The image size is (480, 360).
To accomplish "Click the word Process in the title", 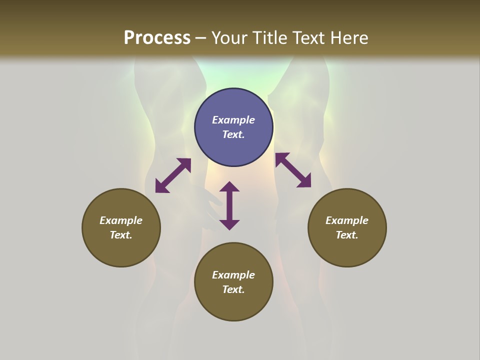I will click(157, 38).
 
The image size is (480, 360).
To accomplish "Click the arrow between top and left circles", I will click(173, 175).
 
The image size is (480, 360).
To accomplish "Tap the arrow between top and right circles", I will click(293, 170).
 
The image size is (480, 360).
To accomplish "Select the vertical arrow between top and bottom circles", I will click(229, 205).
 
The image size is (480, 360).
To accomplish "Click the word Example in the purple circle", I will click(233, 120).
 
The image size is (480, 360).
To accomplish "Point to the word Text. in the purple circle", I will click(233, 134).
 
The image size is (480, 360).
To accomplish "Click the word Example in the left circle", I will click(121, 220).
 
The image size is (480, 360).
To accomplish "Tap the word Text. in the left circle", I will click(121, 235).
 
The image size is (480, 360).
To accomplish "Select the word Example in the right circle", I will click(347, 220).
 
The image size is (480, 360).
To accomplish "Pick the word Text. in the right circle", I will click(347, 235).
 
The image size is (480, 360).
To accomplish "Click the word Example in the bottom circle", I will click(233, 275).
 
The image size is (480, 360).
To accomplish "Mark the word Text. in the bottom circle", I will click(233, 289).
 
